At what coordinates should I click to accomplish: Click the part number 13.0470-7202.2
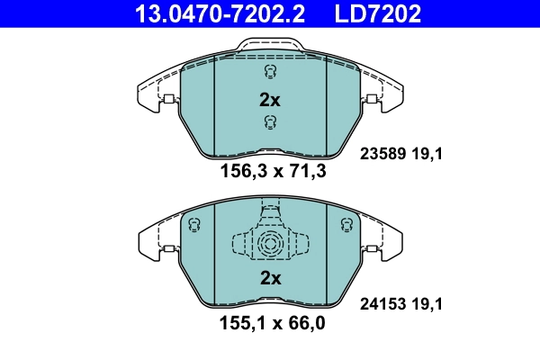tap(206, 13)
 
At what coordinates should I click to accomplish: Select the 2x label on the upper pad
tap(269, 100)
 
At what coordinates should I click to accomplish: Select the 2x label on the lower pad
tap(269, 279)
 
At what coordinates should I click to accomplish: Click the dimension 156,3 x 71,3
tap(269, 170)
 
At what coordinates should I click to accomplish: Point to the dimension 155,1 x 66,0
tap(269, 321)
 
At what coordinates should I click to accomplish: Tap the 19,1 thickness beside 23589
tap(429, 154)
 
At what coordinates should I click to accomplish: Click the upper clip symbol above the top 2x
tap(269, 72)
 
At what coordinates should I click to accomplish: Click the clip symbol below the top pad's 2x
tap(269, 123)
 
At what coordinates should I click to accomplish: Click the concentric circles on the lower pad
tap(269, 243)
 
